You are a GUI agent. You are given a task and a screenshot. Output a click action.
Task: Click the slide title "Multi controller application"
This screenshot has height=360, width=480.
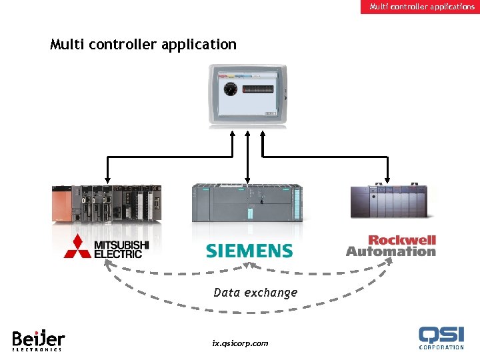coord(143,45)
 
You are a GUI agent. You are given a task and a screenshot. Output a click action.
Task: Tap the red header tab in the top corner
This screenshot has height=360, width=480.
coord(422,7)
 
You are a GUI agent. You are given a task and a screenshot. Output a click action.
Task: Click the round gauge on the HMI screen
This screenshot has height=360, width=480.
coord(231,89)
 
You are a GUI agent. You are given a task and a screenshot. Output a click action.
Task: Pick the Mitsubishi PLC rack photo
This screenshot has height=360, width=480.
coord(107,203)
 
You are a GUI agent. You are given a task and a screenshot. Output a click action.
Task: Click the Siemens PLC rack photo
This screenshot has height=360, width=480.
coord(247,203)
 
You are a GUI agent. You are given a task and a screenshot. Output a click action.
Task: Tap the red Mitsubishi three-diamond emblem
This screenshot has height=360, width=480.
coord(77,247)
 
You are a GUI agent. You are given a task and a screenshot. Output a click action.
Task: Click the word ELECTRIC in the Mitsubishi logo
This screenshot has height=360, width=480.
coord(118,253)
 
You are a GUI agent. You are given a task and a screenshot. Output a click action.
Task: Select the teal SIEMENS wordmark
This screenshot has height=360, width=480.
coord(249,251)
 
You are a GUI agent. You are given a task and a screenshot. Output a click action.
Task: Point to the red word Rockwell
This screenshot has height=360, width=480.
coord(402,240)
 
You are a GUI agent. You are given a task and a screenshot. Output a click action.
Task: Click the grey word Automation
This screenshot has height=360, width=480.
coord(391,252)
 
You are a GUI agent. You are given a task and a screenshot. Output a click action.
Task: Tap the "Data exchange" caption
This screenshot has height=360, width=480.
coord(255,293)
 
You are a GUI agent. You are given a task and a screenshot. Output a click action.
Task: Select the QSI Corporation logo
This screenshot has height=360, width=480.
coord(441,337)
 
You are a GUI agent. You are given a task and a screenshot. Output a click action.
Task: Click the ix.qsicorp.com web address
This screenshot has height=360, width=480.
coord(240,343)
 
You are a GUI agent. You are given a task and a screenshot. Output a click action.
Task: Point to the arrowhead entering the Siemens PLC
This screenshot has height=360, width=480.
coord(248,179)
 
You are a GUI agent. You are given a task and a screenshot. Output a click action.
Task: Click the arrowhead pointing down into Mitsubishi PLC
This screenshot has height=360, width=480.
coord(107,179)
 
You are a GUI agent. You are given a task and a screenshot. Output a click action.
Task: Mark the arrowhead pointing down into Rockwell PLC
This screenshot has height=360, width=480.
coord(388,179)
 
